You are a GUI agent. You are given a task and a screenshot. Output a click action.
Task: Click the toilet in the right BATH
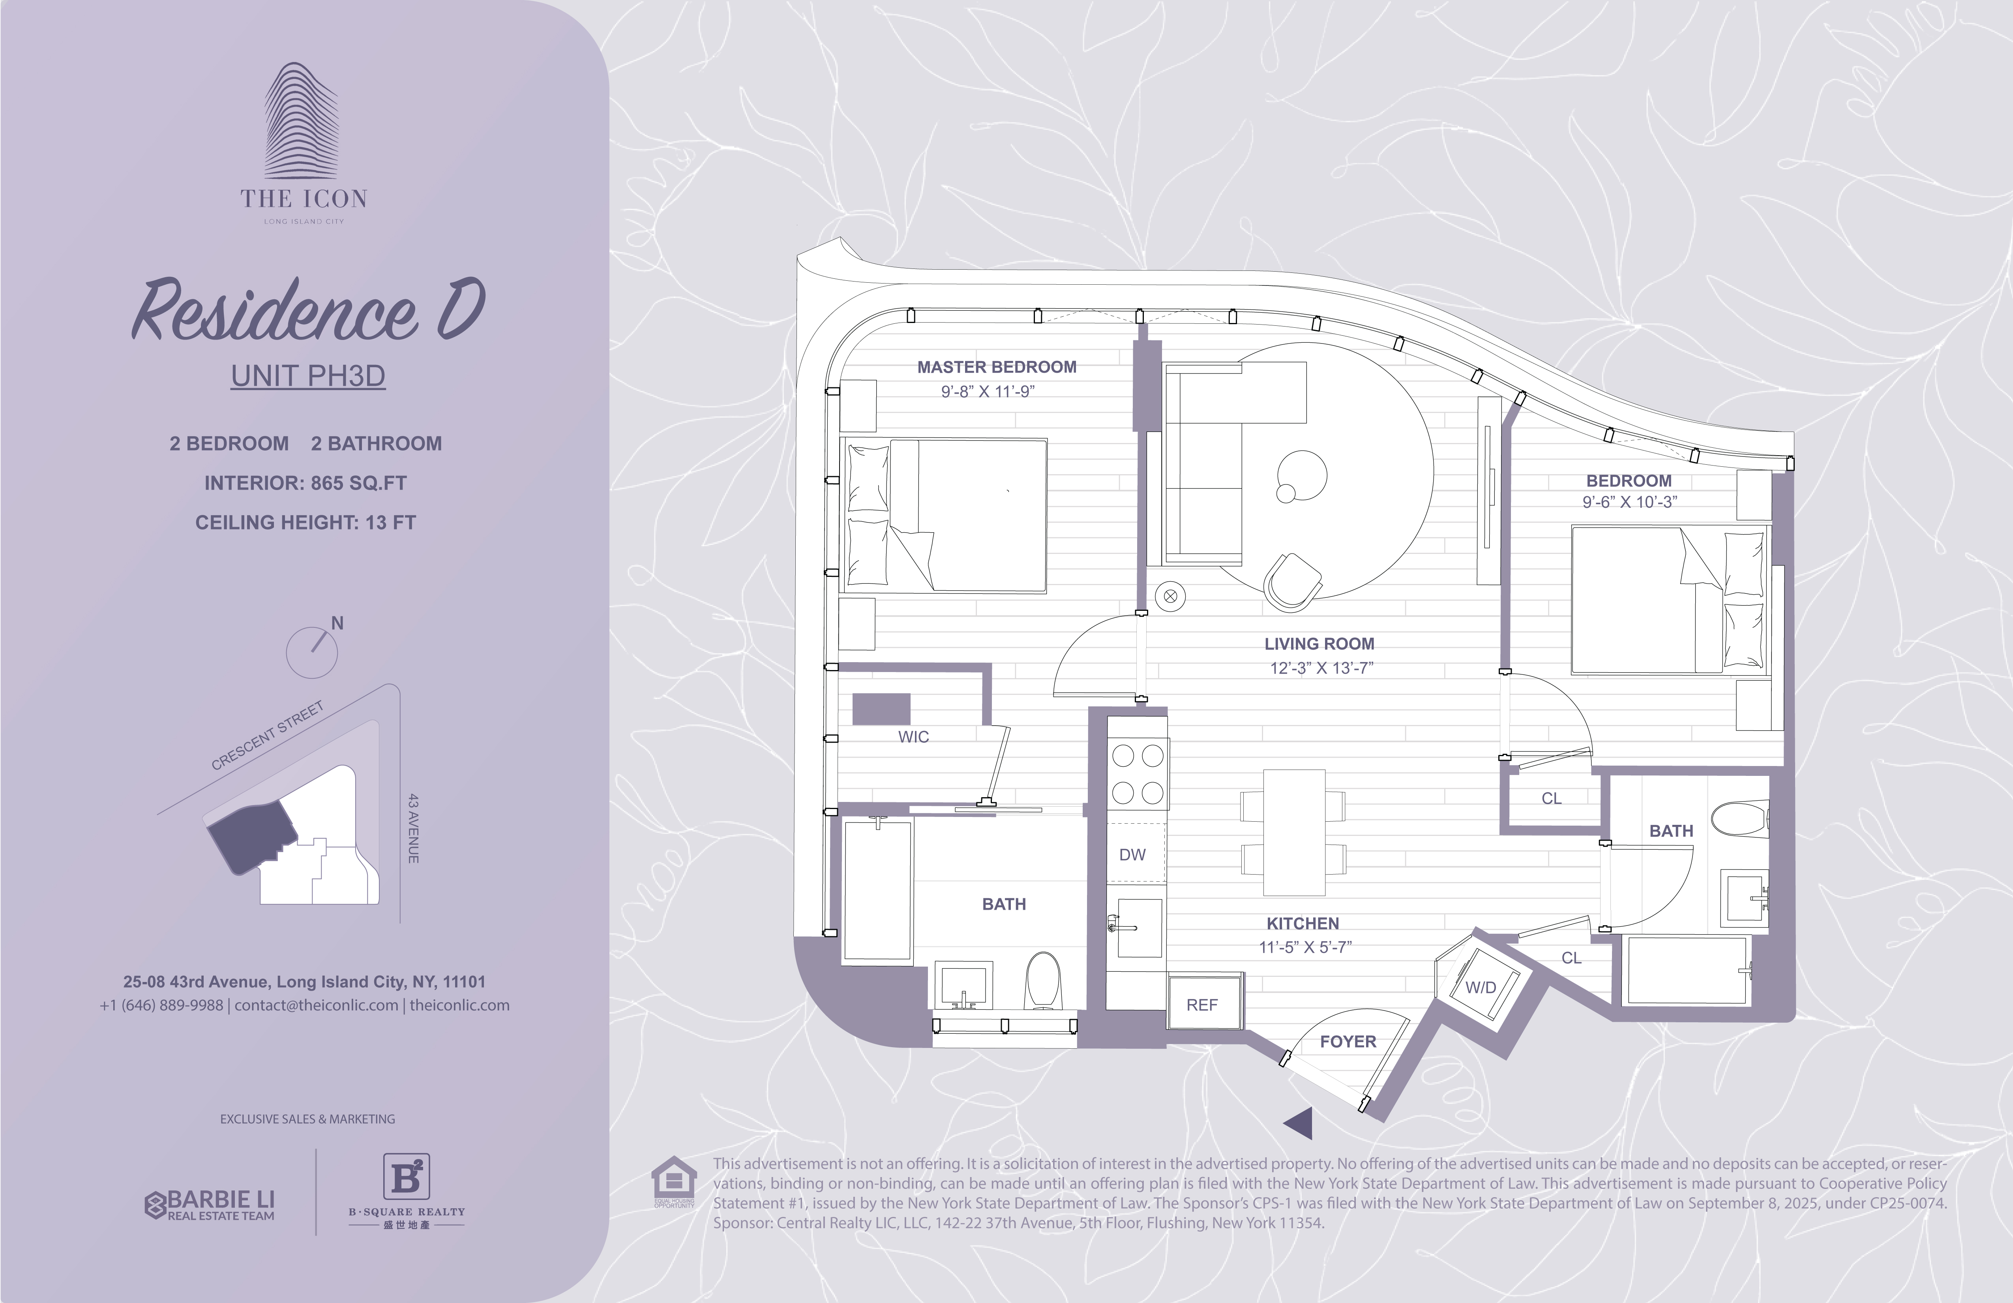click(1740, 818)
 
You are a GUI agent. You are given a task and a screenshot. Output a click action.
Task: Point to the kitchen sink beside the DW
click(1138, 927)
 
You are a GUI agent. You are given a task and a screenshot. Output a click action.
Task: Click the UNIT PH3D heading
click(308, 376)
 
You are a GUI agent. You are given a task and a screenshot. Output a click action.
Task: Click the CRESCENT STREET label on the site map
click(267, 735)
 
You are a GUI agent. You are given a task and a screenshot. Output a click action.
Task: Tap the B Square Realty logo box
click(407, 1176)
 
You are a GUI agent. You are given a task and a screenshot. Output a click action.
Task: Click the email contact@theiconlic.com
click(316, 1005)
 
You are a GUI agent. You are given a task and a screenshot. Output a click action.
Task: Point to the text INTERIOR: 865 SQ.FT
click(306, 483)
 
